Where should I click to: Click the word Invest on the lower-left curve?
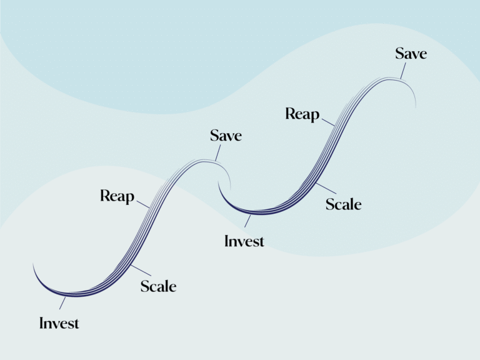coord(59,323)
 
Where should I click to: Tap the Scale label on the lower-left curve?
coord(158,287)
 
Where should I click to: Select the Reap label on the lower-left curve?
coord(117,197)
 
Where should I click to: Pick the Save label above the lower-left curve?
coord(226,136)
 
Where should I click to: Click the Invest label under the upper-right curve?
coord(244,241)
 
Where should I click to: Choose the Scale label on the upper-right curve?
coord(344,204)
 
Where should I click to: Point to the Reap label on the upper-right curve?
coord(302,114)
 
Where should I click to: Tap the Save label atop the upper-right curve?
coord(411,54)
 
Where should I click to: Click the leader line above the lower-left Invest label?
coord(62,303)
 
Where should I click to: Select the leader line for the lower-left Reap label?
coord(142,204)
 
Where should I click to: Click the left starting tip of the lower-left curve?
coord(33,265)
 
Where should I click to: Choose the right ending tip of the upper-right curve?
coord(416,106)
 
